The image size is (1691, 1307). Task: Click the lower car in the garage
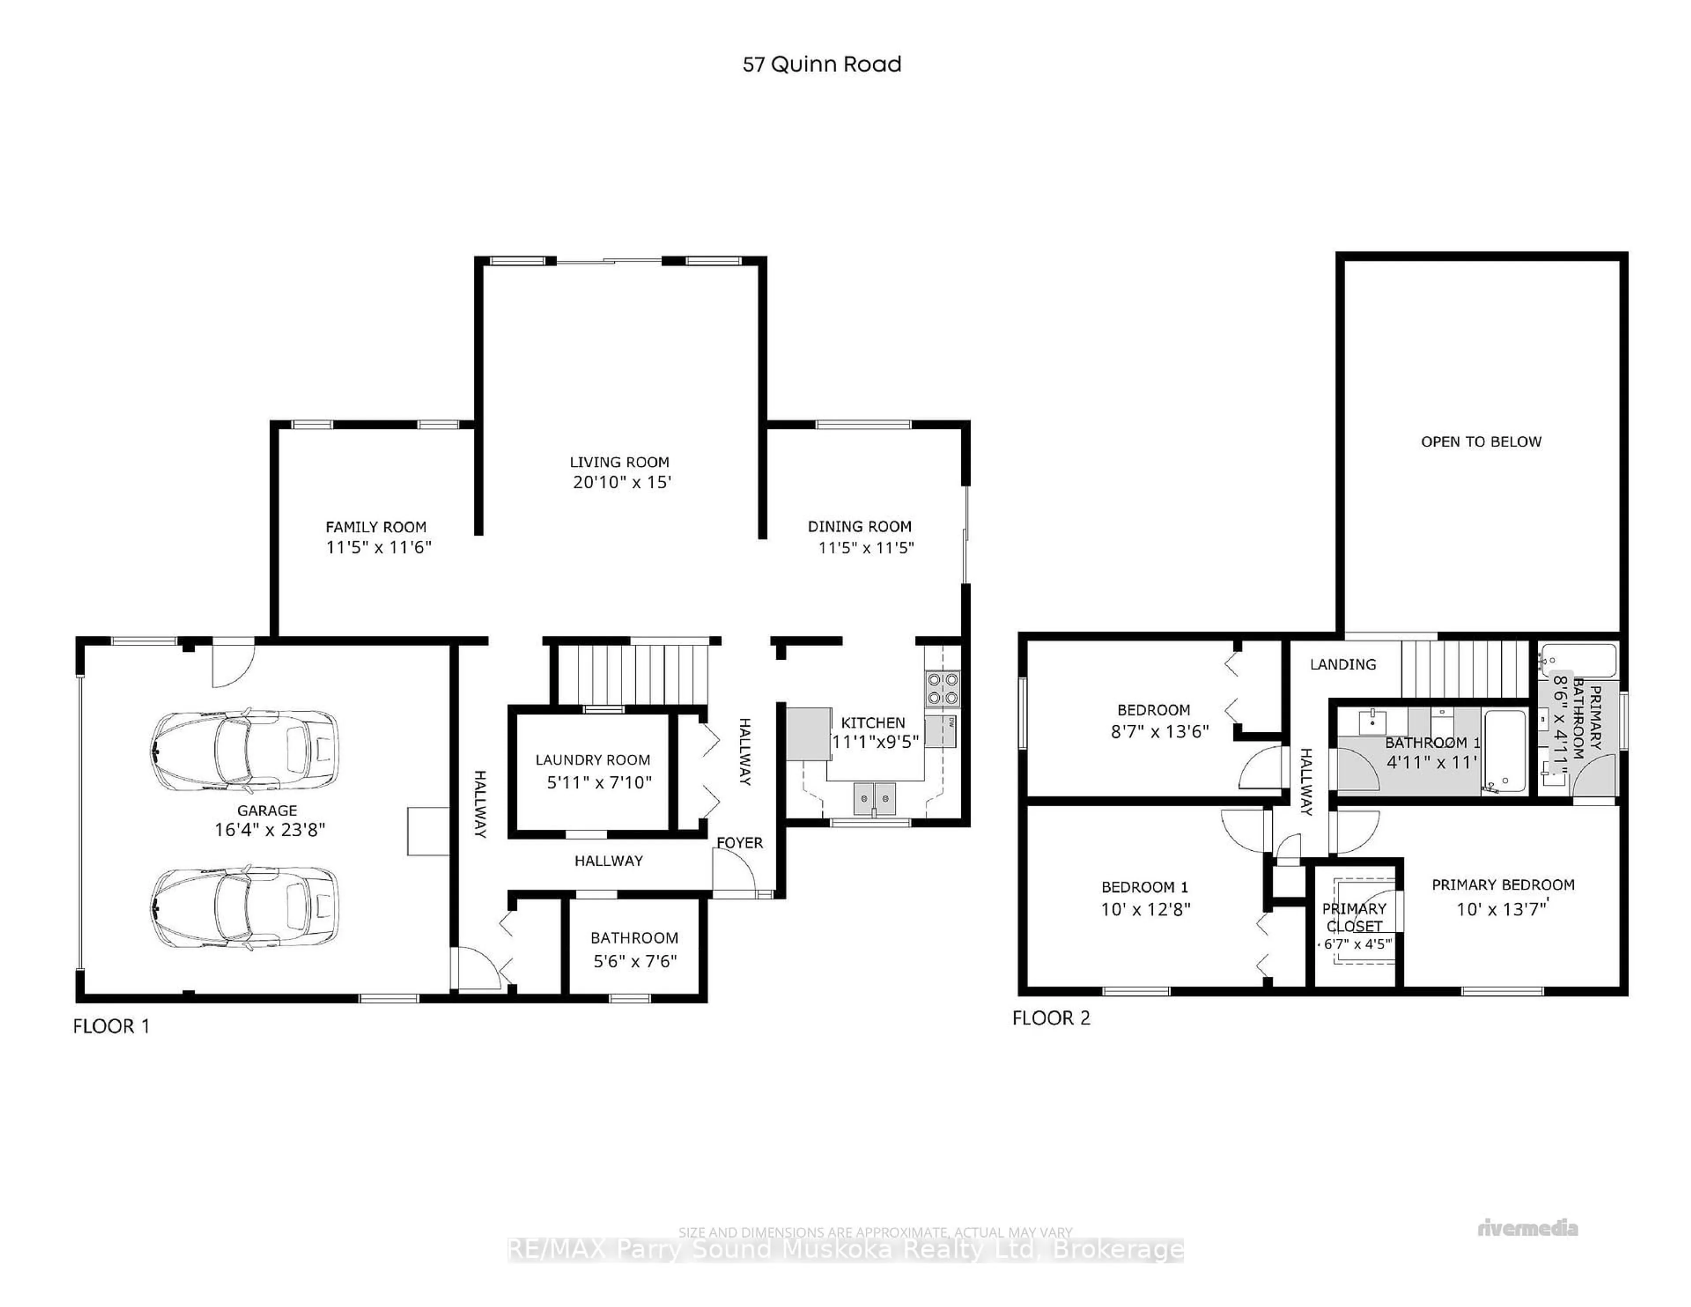pyautogui.click(x=245, y=907)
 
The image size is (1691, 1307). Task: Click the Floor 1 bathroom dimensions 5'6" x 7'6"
pyautogui.click(x=635, y=961)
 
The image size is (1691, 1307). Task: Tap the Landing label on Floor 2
pyautogui.click(x=1343, y=665)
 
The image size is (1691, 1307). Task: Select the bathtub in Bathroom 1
pyautogui.click(x=1504, y=751)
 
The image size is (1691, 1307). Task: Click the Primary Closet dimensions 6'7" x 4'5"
pyautogui.click(x=1357, y=944)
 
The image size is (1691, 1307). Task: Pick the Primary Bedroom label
pyautogui.click(x=1502, y=885)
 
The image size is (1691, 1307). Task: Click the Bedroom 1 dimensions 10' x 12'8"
pyautogui.click(x=1145, y=909)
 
